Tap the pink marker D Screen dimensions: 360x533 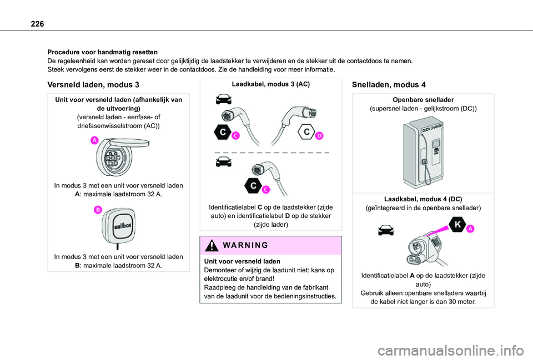click(x=319, y=136)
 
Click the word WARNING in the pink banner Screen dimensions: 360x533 click(x=244, y=245)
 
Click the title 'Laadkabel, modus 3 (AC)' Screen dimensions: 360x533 click(x=271, y=84)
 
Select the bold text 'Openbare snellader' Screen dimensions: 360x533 click(x=423, y=100)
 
